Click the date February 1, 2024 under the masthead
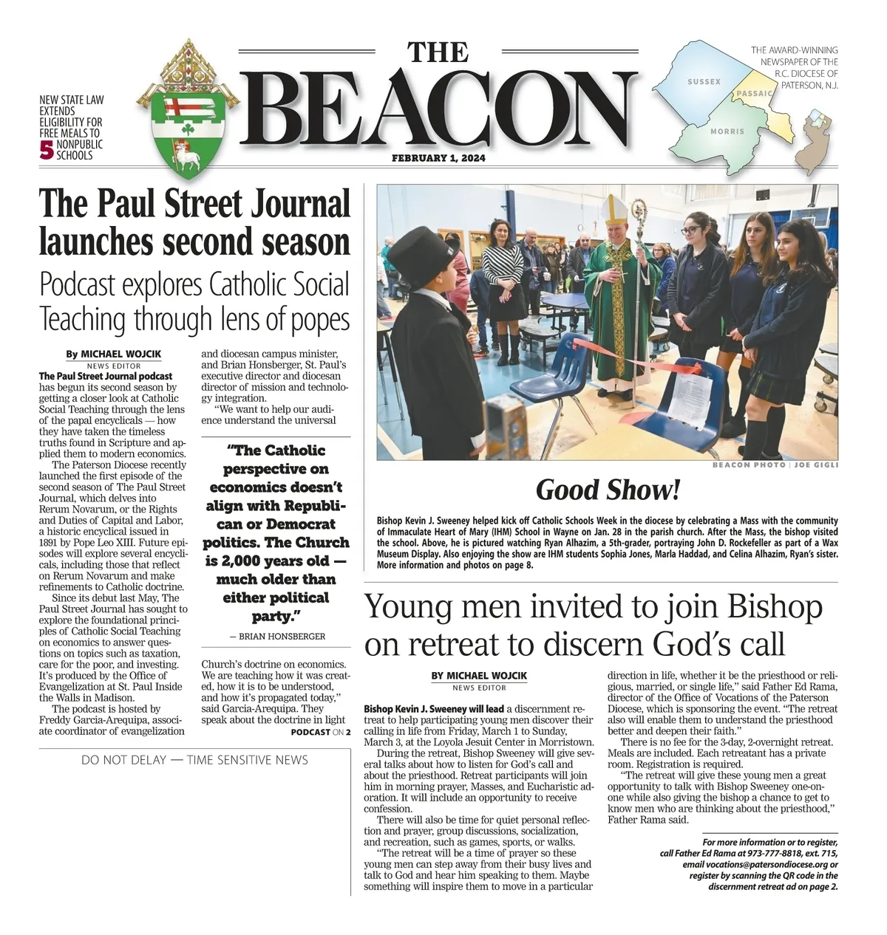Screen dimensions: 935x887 pyautogui.click(x=438, y=158)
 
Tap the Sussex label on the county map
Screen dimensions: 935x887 pyautogui.click(x=704, y=81)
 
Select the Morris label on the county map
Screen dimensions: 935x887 pyautogui.click(x=727, y=131)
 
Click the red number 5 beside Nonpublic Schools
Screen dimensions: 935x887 pyautogui.click(x=47, y=151)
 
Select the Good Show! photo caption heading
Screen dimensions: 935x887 pyautogui.click(x=607, y=489)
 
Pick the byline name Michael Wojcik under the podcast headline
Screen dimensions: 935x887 pyautogui.click(x=120, y=354)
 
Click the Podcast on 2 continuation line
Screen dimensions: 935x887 pyautogui.click(x=320, y=732)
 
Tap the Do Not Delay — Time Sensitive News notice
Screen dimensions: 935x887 pyautogui.click(x=194, y=760)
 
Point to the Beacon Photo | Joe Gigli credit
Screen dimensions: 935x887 pyautogui.click(x=775, y=465)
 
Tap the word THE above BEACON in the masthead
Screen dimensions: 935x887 pyautogui.click(x=438, y=52)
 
